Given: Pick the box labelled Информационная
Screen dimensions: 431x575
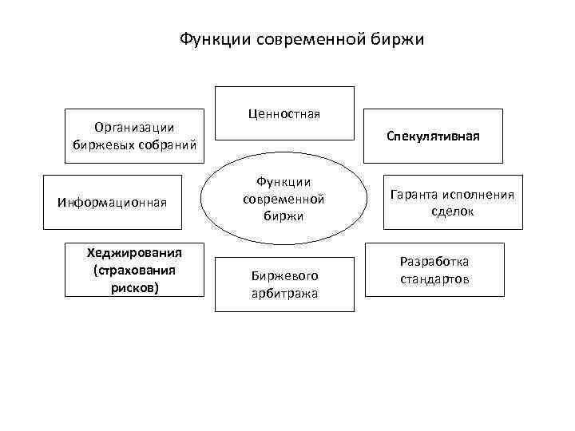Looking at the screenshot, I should pyautogui.click(x=113, y=202).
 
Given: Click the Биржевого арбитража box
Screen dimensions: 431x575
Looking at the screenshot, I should pyautogui.click(x=284, y=284).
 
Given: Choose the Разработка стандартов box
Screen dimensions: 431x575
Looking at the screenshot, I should pyautogui.click(x=434, y=271).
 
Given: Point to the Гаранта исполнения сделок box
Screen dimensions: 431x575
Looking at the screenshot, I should pyautogui.click(x=453, y=203).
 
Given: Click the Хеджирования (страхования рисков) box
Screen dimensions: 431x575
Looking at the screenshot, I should pyautogui.click(x=134, y=270).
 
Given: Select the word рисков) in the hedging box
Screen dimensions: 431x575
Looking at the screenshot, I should pyautogui.click(x=136, y=287).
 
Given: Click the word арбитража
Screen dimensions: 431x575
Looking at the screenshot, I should pyautogui.click(x=284, y=293).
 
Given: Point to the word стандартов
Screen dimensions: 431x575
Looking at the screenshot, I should pyautogui.click(x=434, y=279).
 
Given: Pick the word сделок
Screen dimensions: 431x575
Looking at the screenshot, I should pyautogui.click(x=453, y=212).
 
